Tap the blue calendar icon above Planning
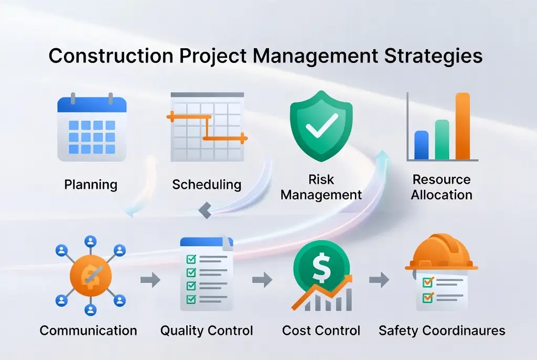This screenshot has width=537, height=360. pos(92,127)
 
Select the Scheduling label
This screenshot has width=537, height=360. pos(207,185)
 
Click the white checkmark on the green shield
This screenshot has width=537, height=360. pos(321,126)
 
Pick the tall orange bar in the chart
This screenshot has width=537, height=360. pos(463,126)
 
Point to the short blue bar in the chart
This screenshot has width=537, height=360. pos(421,145)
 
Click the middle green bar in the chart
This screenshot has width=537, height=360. pos(442,139)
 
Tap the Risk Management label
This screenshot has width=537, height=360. pos(321,187)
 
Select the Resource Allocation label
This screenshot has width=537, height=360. pos(442,187)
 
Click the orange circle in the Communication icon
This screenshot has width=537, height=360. pos(91,276)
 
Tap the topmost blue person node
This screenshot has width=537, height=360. pos(90,242)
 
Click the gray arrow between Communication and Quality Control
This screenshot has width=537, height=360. pos(151,280)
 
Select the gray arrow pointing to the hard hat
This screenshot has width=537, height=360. pos(379,280)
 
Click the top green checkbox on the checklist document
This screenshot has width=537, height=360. pos(191,259)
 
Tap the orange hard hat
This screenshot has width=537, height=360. pos(442,252)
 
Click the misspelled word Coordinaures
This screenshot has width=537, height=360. pos(464,331)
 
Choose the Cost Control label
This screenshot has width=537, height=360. pos(321,331)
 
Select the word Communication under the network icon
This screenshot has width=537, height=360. pos(88,331)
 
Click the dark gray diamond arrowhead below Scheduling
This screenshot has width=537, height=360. pos(205,210)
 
